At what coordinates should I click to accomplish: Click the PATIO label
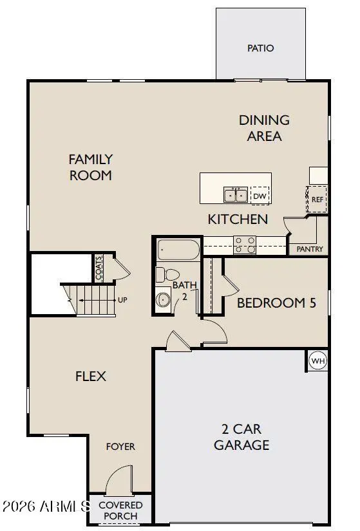[x=260, y=48]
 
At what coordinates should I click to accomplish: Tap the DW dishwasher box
[x=260, y=196]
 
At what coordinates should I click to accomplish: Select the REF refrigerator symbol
[x=317, y=199]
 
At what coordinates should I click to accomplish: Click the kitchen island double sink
[x=235, y=195]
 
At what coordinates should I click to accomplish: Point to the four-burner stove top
[x=245, y=245]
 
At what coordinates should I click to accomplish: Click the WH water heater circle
[x=318, y=360]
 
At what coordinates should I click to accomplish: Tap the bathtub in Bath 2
[x=178, y=250]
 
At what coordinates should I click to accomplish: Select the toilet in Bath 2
[x=167, y=275]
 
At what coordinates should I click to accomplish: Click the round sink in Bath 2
[x=164, y=299]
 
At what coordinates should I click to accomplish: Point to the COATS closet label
[x=99, y=268]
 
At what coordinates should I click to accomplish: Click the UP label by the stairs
[x=122, y=300]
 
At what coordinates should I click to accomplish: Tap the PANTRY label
[x=310, y=249]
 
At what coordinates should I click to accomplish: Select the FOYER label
[x=120, y=447]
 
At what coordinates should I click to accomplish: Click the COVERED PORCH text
[x=120, y=510]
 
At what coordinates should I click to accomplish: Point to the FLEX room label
[x=91, y=377]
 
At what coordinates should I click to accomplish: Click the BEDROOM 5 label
[x=276, y=303]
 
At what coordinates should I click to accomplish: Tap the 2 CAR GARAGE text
[x=242, y=437]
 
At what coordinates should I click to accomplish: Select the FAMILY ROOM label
[x=91, y=167]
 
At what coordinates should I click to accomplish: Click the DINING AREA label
[x=265, y=128]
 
